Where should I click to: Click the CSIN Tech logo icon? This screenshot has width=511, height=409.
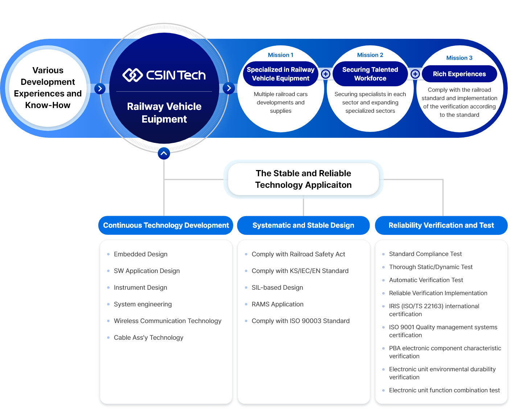point(132,75)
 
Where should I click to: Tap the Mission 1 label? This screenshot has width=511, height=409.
point(280,55)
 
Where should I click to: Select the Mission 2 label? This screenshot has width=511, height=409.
point(370,55)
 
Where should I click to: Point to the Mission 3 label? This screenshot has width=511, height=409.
point(459,58)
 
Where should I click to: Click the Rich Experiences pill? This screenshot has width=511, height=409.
point(459,74)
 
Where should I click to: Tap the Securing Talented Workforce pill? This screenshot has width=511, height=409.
point(370,74)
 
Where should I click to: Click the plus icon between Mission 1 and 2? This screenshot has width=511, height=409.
point(326,74)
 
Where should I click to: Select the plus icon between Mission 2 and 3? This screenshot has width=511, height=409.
point(415,74)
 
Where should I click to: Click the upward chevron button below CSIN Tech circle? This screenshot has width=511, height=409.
point(164,153)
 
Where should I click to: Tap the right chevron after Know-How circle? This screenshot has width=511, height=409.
point(100,88)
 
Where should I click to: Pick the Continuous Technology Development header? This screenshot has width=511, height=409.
point(166,225)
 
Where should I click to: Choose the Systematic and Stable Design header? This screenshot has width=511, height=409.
point(303,225)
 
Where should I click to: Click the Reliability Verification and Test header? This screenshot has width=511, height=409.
point(441,225)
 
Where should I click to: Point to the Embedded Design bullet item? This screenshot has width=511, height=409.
point(140,254)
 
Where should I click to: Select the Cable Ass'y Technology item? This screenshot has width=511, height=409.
point(148,338)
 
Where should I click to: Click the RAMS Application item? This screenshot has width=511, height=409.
point(277,304)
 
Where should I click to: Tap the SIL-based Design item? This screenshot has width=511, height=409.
point(277,288)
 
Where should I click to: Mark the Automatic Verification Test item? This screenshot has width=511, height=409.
point(426,280)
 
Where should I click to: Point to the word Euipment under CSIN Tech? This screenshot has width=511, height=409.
point(164,119)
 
